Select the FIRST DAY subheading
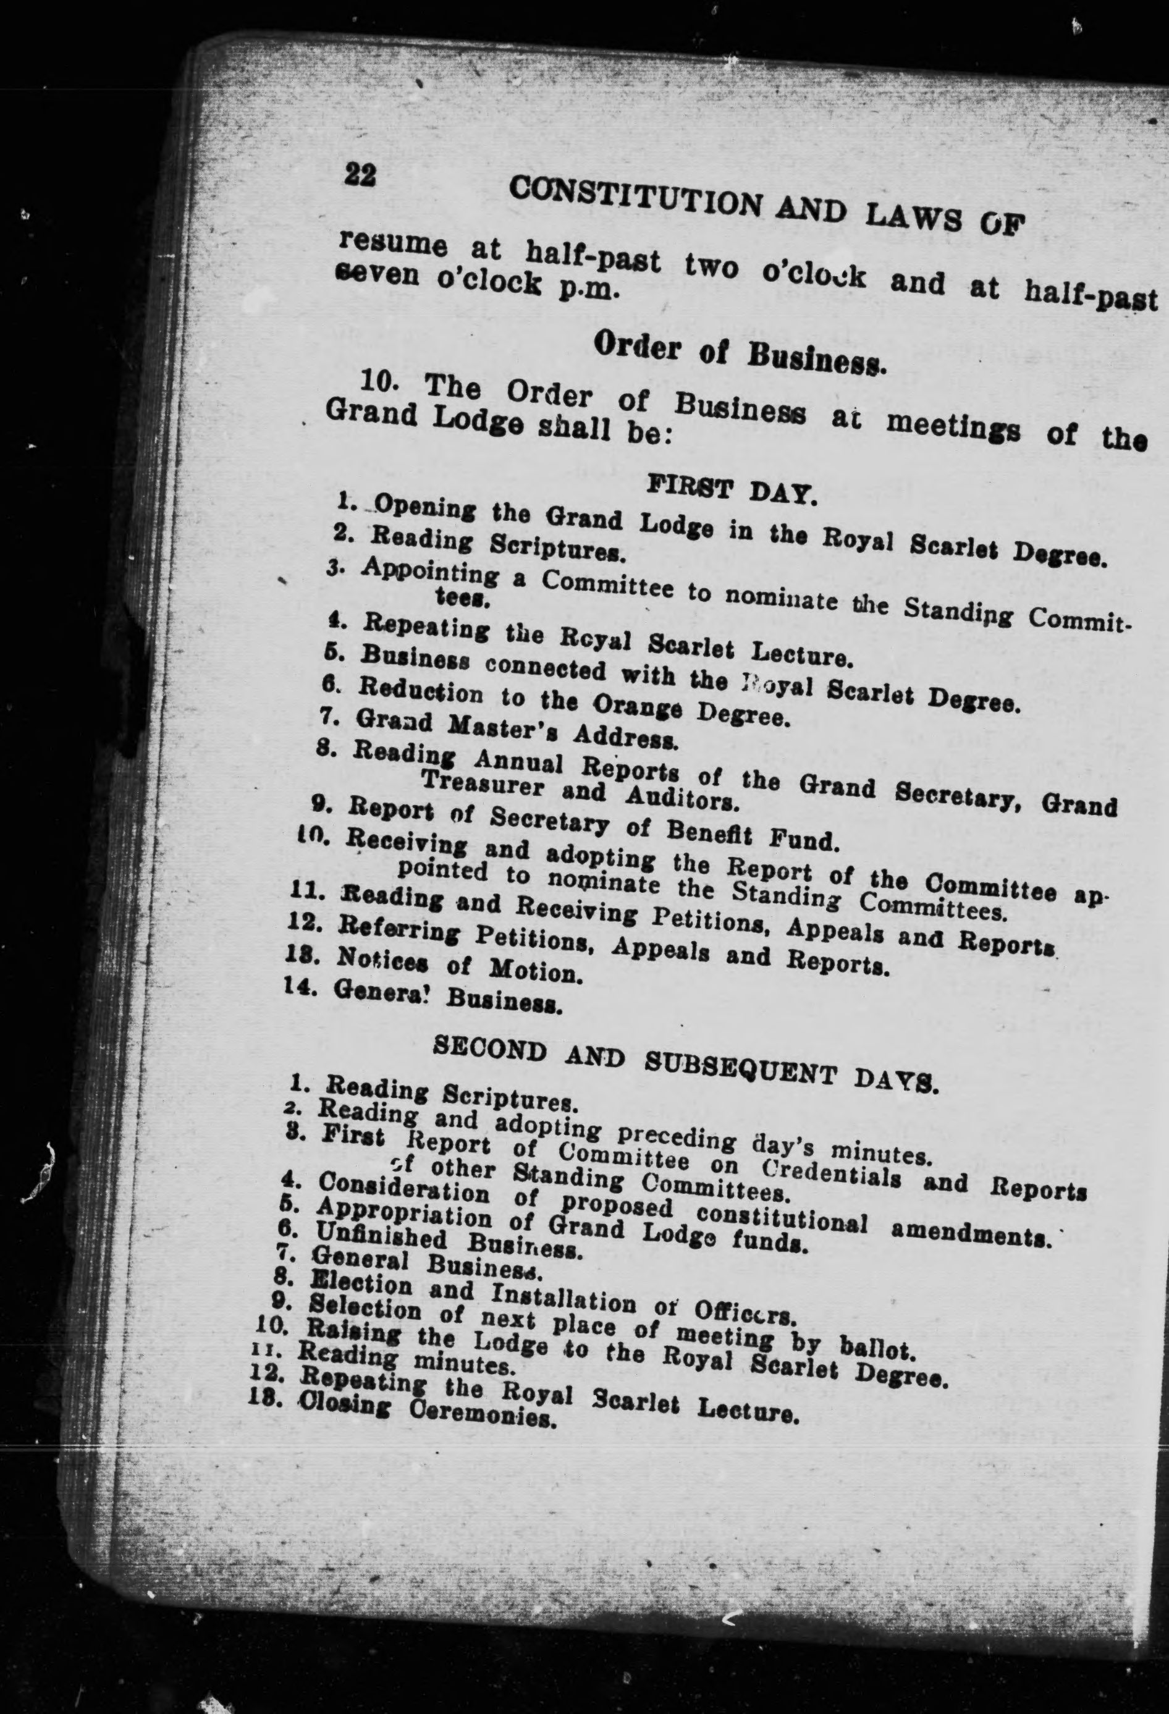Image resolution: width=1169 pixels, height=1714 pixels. [731, 490]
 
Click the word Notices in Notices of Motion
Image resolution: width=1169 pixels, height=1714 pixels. [380, 960]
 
